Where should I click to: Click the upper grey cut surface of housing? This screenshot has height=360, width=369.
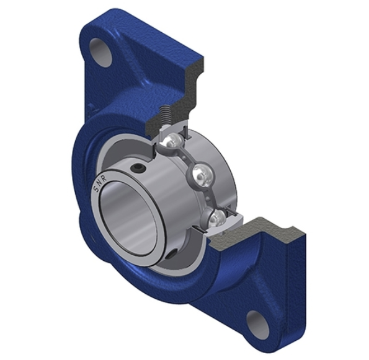186,93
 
